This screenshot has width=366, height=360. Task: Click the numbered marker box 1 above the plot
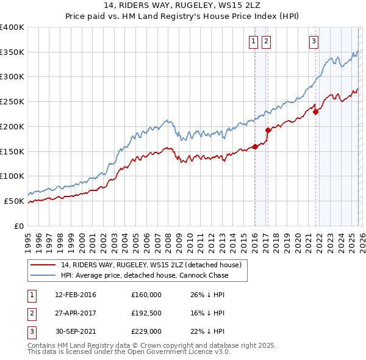(x=253, y=41)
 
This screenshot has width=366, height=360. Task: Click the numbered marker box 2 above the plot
(x=267, y=41)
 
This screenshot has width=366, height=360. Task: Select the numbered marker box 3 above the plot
(x=314, y=41)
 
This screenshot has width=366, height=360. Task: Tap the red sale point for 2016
(x=254, y=146)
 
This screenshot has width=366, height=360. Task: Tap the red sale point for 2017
(x=268, y=130)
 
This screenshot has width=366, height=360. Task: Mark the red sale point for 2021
(x=315, y=112)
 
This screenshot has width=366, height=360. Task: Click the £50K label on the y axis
(x=15, y=201)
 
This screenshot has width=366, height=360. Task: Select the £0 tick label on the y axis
(x=20, y=226)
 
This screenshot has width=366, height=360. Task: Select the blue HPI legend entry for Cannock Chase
(x=144, y=275)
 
